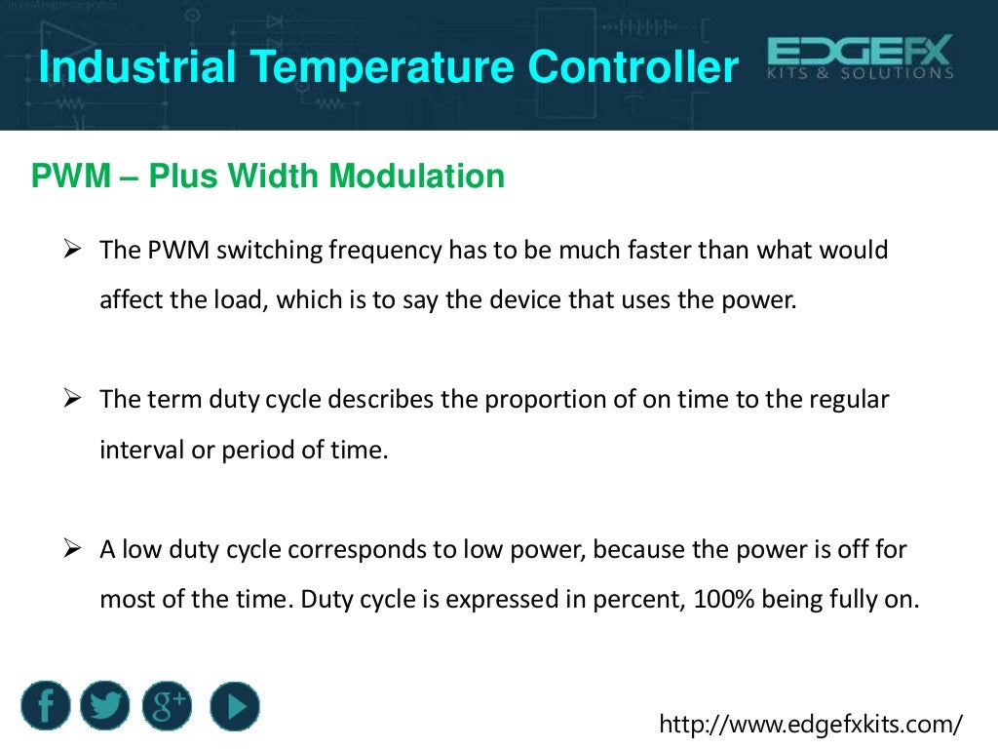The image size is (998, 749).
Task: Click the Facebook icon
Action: [x=46, y=706]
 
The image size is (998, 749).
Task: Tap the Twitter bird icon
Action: [x=106, y=706]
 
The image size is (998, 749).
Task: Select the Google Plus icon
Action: [x=168, y=706]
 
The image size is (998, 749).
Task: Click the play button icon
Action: [x=235, y=706]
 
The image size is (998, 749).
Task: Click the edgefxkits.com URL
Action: [x=811, y=724]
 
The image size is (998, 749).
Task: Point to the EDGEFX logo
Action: [x=860, y=59]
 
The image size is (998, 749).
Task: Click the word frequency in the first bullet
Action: [x=385, y=251]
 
